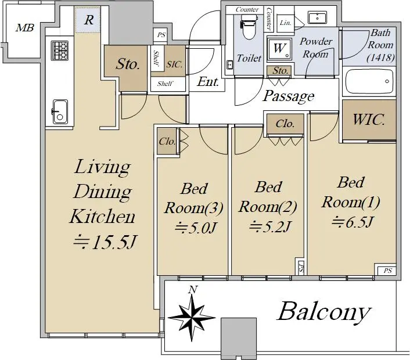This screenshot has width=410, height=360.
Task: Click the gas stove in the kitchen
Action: [x=60, y=51]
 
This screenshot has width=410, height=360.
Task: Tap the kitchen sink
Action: [x=60, y=111]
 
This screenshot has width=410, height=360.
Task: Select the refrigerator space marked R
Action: [x=88, y=20]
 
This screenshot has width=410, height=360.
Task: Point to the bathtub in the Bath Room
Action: [x=369, y=81]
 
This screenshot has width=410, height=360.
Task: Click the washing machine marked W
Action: [x=279, y=48]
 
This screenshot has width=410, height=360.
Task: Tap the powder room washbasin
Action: [x=318, y=17]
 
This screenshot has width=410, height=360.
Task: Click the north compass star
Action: [x=192, y=318]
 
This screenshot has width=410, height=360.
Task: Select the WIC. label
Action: [x=369, y=120]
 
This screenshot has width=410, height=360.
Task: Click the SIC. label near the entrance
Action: [x=174, y=64]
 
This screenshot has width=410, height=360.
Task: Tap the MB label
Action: [x=24, y=27]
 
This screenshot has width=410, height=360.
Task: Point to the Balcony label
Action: [x=324, y=312]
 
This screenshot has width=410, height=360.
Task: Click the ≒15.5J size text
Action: [x=105, y=242]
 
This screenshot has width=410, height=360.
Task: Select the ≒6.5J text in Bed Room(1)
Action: [x=352, y=222]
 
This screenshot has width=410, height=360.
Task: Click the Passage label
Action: [x=289, y=96]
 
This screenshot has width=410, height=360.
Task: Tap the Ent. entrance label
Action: [x=208, y=82]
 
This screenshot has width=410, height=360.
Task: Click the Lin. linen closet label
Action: [x=285, y=23]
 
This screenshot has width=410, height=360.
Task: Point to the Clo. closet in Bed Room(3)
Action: [x=167, y=142]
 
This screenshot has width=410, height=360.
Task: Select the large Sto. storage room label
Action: [x=127, y=64]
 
